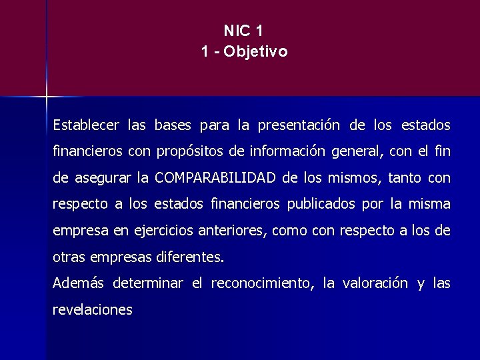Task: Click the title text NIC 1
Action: (244, 31)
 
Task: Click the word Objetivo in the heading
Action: (256, 51)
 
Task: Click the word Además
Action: (78, 283)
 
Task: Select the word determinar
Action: (148, 283)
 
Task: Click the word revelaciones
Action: (92, 309)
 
